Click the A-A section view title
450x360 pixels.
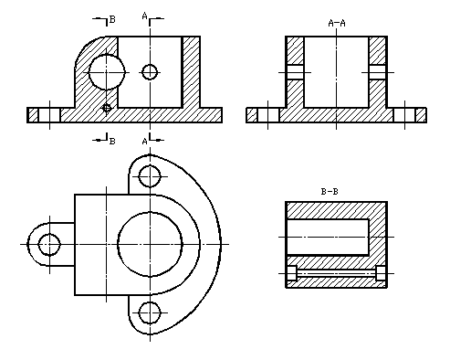(337, 23)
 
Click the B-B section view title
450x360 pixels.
(330, 192)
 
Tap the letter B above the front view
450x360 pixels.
(112, 19)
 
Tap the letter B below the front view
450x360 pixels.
(112, 142)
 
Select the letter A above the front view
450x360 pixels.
(145, 16)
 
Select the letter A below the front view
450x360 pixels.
(145, 142)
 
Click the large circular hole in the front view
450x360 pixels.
(107, 72)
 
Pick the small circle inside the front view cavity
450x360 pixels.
(150, 72)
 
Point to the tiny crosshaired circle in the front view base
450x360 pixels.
(107, 108)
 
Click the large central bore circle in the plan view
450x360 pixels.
(150, 244)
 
